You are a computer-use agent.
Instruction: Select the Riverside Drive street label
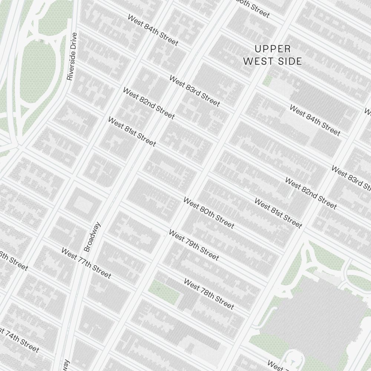[72, 56]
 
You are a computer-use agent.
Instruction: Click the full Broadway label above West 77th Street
[92, 237]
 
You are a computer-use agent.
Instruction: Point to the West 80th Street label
[209, 213]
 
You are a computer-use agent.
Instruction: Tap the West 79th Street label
[194, 245]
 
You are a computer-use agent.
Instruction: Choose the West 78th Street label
[209, 294]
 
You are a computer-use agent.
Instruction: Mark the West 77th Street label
[86, 263]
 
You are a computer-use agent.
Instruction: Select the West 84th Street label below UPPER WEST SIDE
[315, 120]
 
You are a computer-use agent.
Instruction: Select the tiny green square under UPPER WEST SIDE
[267, 80]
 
